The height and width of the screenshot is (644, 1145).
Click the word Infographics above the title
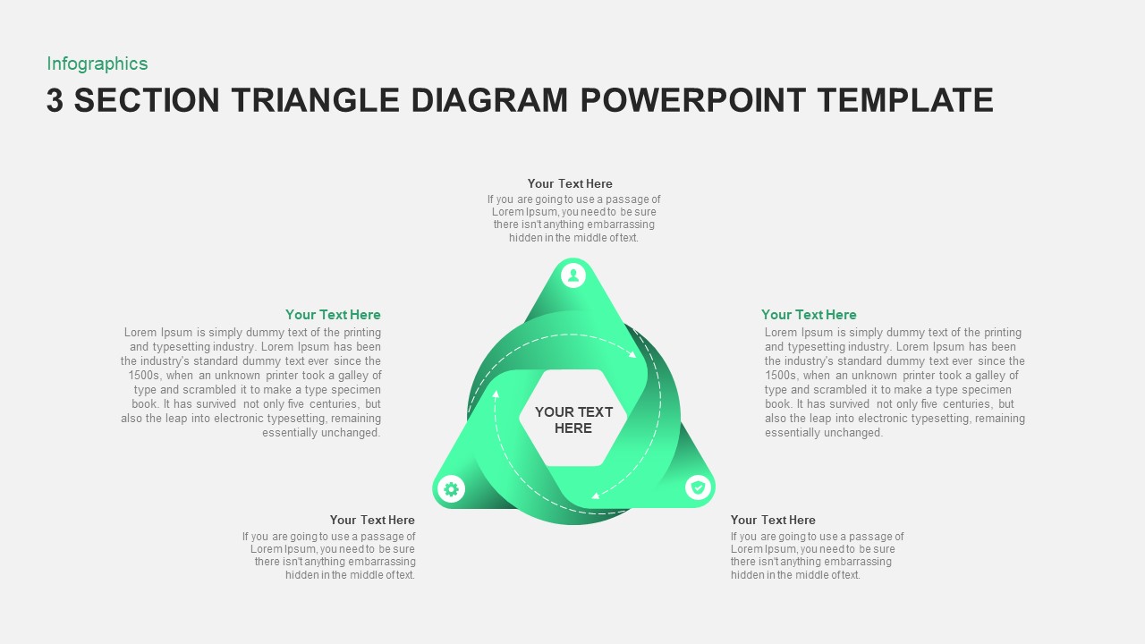pos(97,64)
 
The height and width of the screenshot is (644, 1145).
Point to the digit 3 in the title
pos(55,100)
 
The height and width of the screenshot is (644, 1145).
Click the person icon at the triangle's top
pos(573,275)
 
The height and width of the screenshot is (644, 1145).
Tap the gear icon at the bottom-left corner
pos(451,489)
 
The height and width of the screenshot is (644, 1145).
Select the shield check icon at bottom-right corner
pos(698,487)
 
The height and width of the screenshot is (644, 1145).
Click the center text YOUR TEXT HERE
pos(573,419)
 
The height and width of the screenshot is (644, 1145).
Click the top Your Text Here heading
pos(570,183)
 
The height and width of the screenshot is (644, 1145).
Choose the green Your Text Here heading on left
pos(333,314)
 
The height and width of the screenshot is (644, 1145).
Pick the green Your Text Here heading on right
pos(809,314)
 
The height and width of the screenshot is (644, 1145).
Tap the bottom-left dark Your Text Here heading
pos(372,520)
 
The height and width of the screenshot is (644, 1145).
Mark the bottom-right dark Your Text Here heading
pos(773,520)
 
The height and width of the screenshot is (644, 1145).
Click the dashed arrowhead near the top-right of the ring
pos(632,354)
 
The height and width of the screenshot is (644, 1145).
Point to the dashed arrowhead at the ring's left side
pos(496,394)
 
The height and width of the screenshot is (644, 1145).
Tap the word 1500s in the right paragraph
pos(782,376)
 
